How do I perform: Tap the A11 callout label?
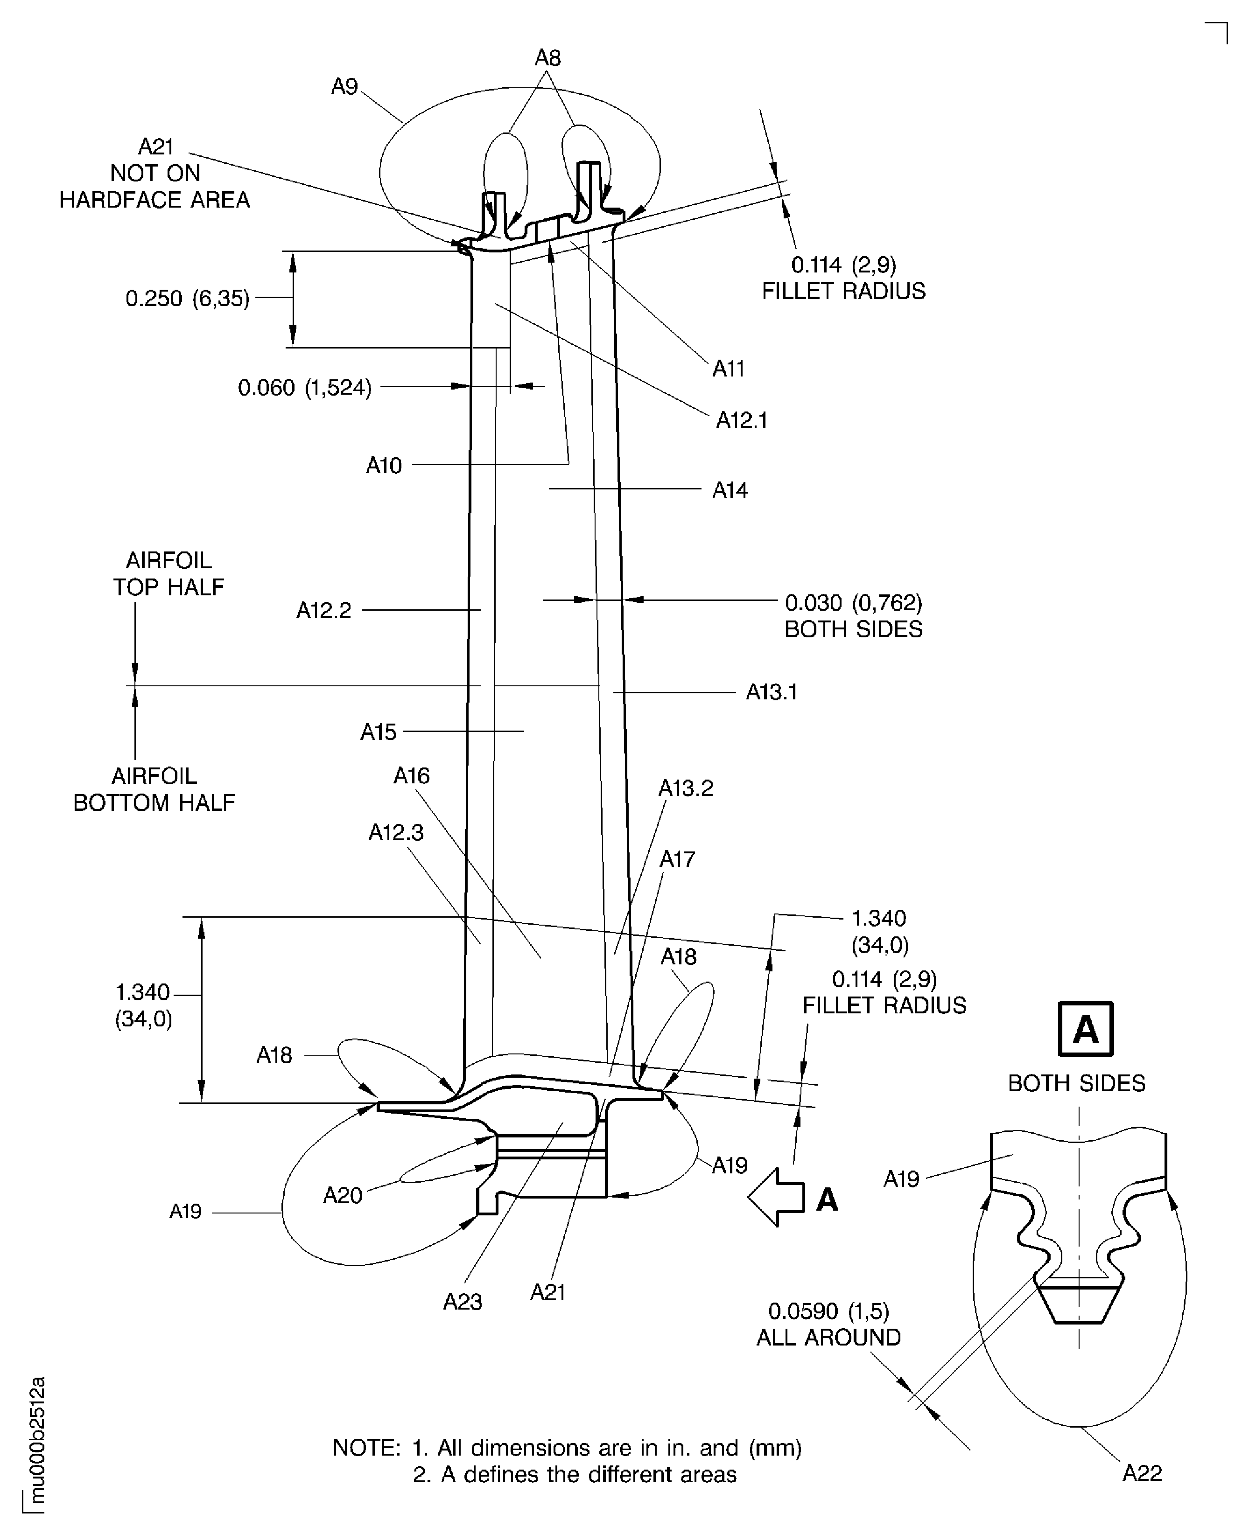[728, 369]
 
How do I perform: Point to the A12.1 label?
[741, 420]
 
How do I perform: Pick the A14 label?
[730, 490]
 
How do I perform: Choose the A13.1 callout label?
[771, 692]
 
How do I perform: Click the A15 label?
[379, 732]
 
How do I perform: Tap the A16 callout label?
[412, 776]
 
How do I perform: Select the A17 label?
[677, 859]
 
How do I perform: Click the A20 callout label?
[343, 1195]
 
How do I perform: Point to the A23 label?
[462, 1302]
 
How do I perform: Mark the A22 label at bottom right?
[1142, 1474]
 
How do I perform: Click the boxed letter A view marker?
[1085, 1029]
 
